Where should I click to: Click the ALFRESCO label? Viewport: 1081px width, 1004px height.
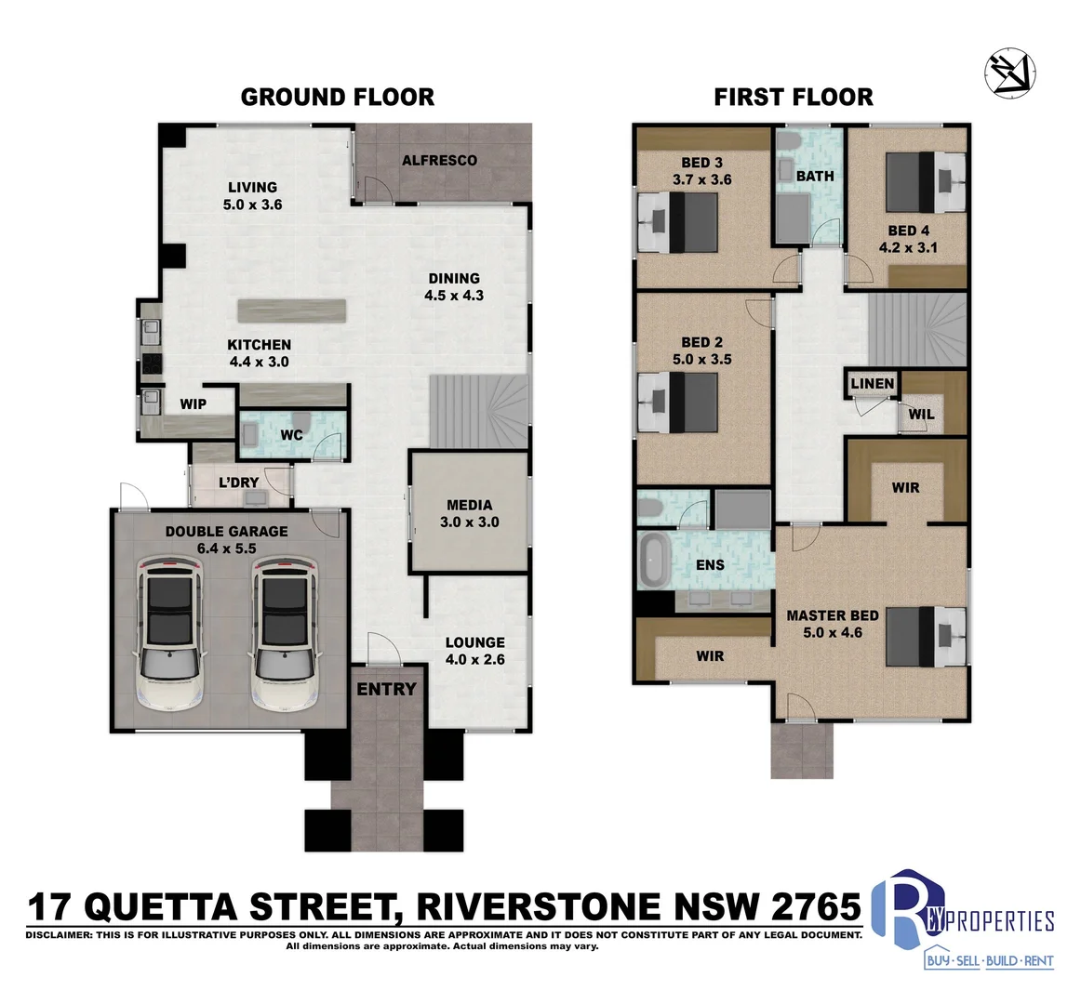pos(439,160)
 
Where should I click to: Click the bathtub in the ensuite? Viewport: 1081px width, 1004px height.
pos(654,559)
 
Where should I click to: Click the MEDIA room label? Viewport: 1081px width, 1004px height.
pos(469,506)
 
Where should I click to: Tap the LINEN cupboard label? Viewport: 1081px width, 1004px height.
pos(873,383)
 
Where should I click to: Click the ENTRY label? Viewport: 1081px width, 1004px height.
pos(386,689)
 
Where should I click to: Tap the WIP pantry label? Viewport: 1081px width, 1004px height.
pos(194,404)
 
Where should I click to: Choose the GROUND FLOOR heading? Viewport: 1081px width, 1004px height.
pos(337,97)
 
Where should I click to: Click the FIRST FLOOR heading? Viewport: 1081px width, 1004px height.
pos(794,97)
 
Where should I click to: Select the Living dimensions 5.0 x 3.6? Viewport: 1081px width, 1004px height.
pos(252,205)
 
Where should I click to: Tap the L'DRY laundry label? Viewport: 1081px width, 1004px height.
pos(238,482)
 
